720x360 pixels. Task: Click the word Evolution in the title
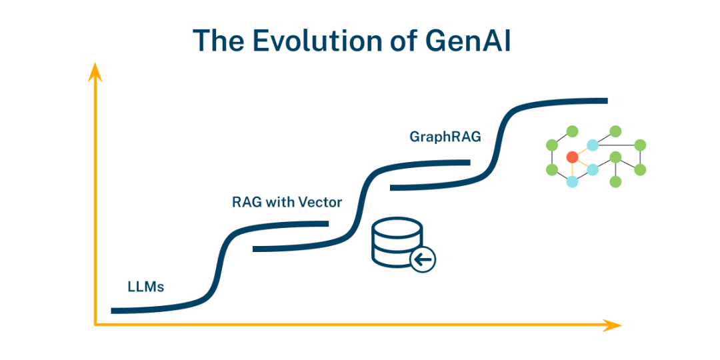click(x=312, y=41)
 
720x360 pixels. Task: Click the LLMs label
click(x=145, y=288)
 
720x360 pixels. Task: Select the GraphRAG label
click(x=445, y=137)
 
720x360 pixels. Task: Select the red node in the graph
click(x=571, y=157)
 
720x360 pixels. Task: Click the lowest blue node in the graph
click(x=571, y=181)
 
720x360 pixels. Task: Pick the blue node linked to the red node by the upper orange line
click(x=592, y=145)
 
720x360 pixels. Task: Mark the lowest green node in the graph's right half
click(x=615, y=181)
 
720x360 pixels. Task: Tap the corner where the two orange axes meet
click(x=95, y=325)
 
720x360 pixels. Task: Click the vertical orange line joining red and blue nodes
click(x=571, y=170)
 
